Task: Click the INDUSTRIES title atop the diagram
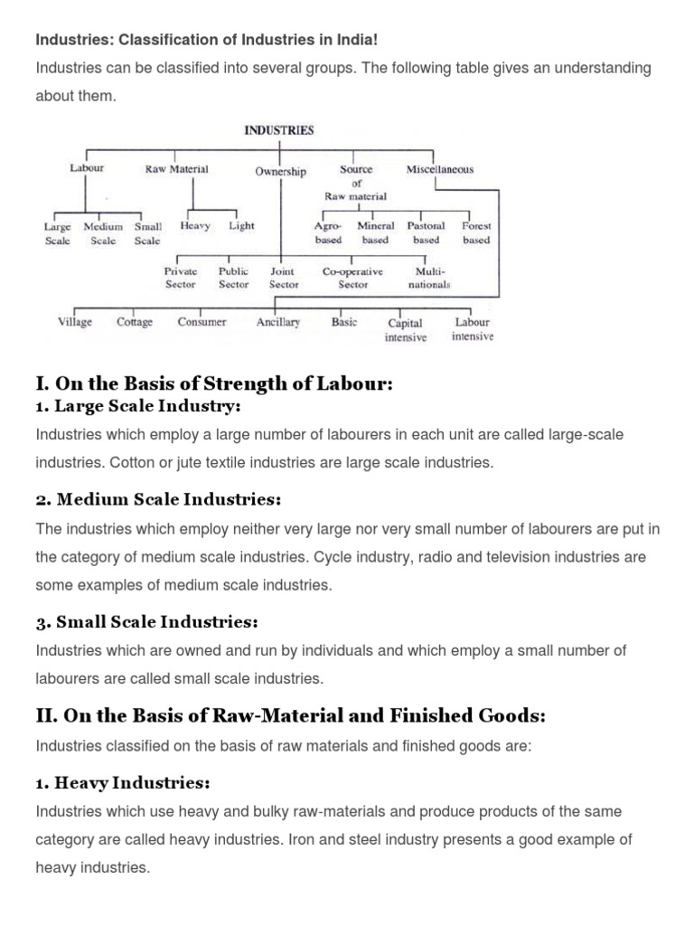click(279, 130)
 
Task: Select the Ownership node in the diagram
click(280, 172)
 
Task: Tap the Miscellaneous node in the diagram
click(440, 169)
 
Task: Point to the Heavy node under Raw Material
click(194, 226)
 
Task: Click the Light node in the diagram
click(241, 226)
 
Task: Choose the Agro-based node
click(328, 233)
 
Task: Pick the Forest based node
click(476, 233)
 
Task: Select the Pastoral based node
click(426, 233)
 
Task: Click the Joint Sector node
click(284, 278)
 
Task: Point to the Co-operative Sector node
click(352, 278)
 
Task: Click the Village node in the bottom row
click(75, 322)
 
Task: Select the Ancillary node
click(278, 322)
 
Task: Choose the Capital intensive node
click(406, 330)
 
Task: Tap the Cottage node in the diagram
click(135, 322)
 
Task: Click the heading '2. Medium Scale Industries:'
click(158, 500)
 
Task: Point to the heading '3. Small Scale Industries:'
click(146, 622)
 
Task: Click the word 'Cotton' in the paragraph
click(135, 463)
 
